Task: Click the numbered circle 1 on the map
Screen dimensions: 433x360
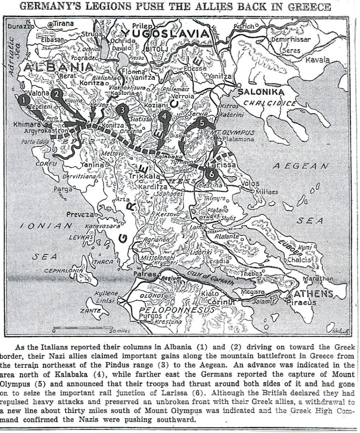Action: point(25,99)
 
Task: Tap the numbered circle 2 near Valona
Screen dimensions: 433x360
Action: point(58,94)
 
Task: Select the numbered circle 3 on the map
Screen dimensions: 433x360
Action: point(122,109)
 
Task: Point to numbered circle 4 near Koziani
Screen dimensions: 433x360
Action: point(164,115)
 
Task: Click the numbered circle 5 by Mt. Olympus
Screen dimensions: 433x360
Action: point(202,122)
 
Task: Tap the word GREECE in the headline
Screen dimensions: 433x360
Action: point(310,7)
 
